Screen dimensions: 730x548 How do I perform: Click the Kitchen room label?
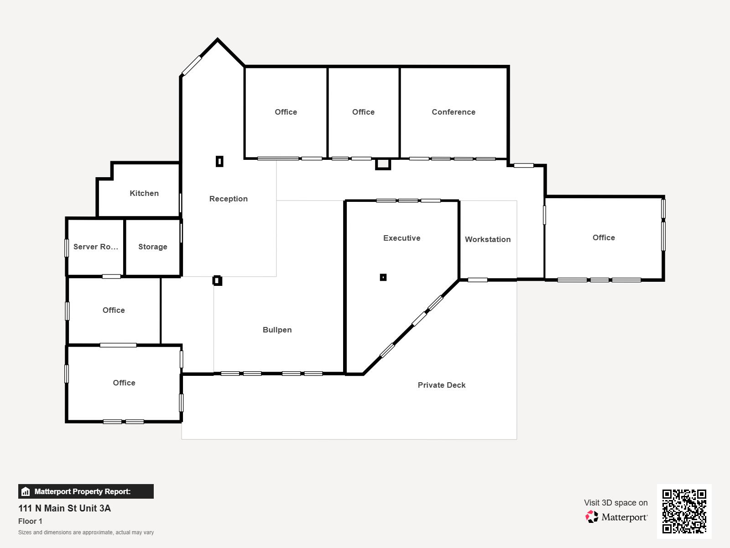click(x=144, y=193)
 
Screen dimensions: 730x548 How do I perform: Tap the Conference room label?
click(x=454, y=112)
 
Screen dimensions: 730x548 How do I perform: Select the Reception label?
click(x=229, y=199)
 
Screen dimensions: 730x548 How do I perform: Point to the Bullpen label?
click(x=277, y=330)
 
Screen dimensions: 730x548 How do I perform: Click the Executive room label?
click(x=402, y=238)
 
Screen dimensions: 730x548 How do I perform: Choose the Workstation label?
click(x=488, y=240)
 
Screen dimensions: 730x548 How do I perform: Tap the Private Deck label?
click(x=441, y=385)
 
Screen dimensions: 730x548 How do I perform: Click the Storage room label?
click(x=153, y=247)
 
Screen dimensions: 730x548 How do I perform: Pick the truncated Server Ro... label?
click(x=95, y=247)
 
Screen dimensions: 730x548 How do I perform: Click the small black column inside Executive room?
click(x=383, y=278)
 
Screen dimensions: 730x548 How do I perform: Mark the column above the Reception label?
click(x=219, y=162)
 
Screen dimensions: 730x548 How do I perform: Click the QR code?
click(x=684, y=511)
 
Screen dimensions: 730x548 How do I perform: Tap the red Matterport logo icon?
click(x=592, y=517)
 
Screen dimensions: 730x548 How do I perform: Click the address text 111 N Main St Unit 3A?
click(x=64, y=508)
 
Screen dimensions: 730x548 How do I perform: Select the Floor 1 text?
click(x=30, y=522)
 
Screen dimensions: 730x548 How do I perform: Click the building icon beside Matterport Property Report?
click(x=26, y=491)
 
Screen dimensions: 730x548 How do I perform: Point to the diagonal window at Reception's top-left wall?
click(x=192, y=66)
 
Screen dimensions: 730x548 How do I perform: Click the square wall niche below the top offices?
click(x=383, y=164)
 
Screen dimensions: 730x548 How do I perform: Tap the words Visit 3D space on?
click(x=615, y=503)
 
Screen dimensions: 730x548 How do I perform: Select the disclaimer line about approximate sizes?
click(x=86, y=532)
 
